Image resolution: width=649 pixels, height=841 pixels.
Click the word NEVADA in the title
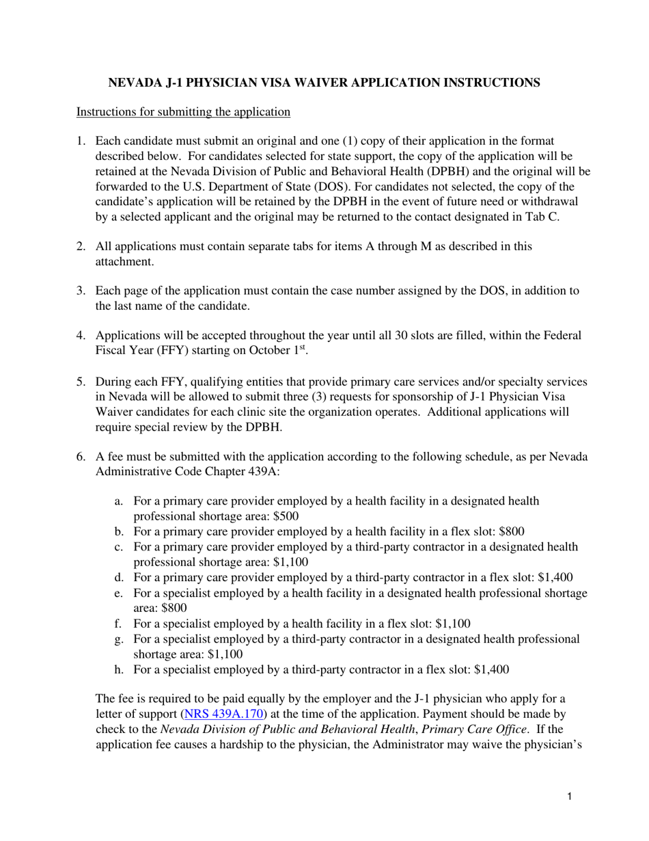click(x=135, y=83)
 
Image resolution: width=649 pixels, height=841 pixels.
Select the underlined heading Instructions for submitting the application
click(x=183, y=111)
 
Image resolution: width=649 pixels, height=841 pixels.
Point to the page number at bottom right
click(x=569, y=797)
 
